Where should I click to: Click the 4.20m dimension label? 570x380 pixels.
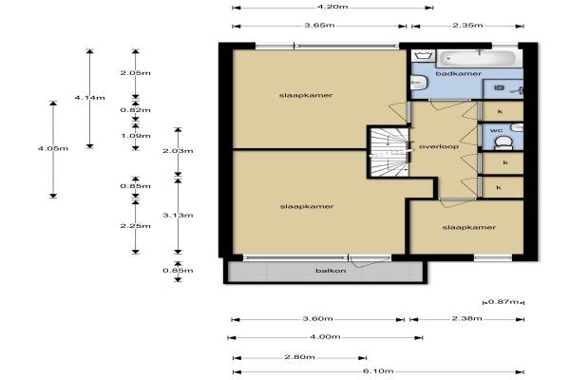coord(332,7)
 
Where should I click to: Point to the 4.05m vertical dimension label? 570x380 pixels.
coord(53,148)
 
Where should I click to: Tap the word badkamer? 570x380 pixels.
coord(459,73)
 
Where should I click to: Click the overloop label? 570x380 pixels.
coord(439,146)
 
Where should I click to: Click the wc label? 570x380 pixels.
coord(496,130)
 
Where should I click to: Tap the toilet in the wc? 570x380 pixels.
coord(503,142)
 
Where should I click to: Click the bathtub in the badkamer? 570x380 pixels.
coord(480,58)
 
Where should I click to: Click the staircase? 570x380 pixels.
coord(389,152)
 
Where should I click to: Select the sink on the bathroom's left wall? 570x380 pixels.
coord(418,83)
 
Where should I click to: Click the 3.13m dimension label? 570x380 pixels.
coord(178,216)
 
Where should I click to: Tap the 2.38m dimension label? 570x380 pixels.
coord(467,318)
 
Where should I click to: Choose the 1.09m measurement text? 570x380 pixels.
coord(135,136)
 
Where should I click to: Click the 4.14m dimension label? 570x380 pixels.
coord(89,98)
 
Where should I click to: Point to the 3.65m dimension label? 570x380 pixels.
coord(319,25)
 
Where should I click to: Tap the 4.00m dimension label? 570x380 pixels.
coord(325,336)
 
